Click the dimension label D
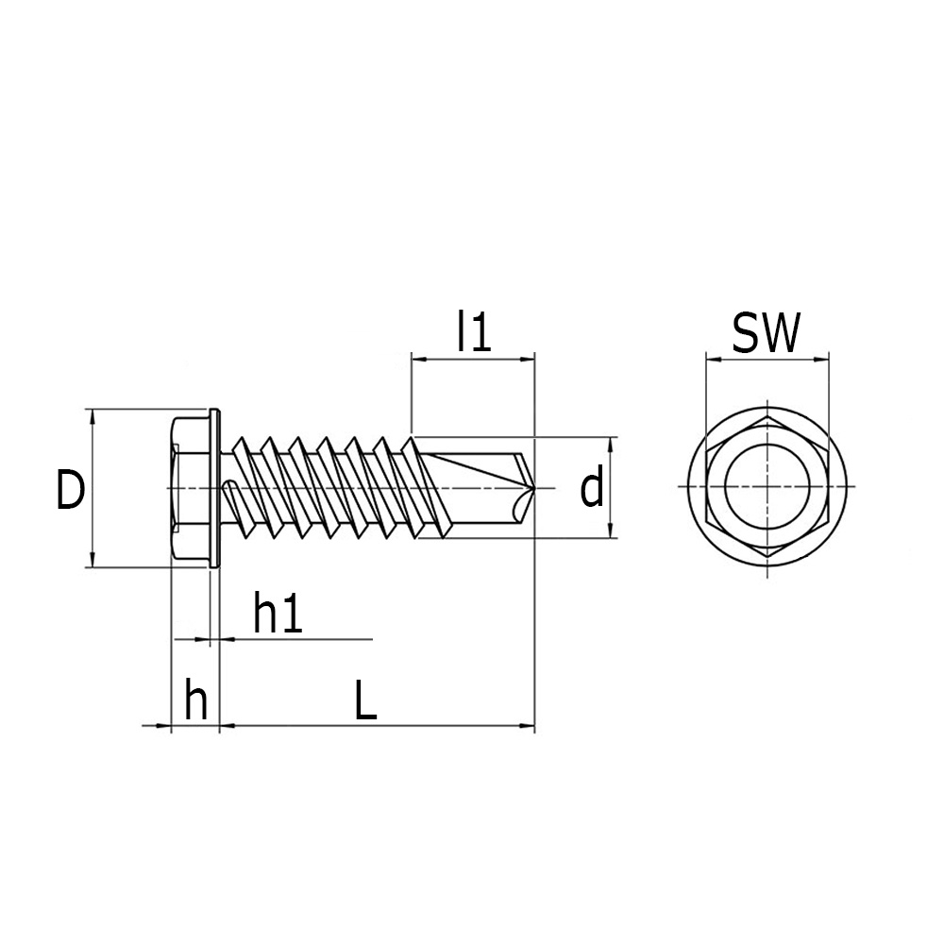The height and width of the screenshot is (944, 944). (71, 489)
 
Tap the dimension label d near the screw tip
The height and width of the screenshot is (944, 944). (591, 487)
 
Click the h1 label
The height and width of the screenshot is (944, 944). (278, 613)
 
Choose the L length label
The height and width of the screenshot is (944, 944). (365, 700)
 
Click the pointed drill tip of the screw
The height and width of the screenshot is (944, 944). (534, 487)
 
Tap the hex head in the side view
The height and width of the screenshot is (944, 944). (191, 488)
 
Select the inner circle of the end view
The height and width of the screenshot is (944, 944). (725, 487)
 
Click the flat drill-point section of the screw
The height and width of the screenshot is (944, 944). (481, 488)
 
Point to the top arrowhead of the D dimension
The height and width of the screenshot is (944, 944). (93, 415)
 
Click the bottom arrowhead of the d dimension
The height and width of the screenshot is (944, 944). (611, 531)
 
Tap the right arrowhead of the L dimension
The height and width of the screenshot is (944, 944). (528, 725)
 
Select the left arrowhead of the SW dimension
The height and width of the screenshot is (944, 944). (713, 360)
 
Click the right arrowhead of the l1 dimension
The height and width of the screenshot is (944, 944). (528, 360)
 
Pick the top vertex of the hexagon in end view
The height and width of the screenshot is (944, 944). (768, 415)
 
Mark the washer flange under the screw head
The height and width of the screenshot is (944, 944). (215, 488)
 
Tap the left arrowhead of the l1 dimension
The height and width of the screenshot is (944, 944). (418, 360)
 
